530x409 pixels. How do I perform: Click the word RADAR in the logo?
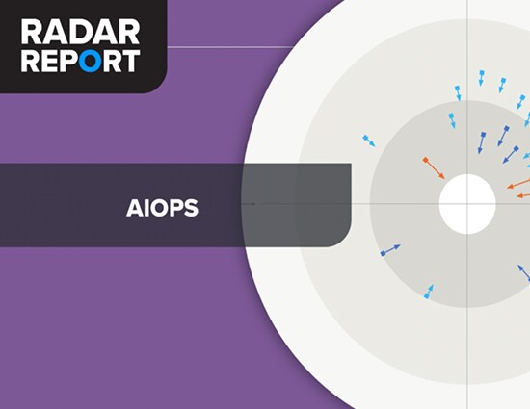pyautogui.click(x=80, y=32)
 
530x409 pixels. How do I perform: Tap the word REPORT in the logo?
pyautogui.click(x=80, y=61)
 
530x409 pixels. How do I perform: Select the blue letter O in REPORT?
pyautogui.click(x=91, y=61)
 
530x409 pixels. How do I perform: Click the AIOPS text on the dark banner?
pyautogui.click(x=162, y=208)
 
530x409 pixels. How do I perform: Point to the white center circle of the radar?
pyautogui.click(x=467, y=204)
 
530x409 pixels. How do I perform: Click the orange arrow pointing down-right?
pyautogui.click(x=435, y=168)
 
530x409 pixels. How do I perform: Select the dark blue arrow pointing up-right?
pyautogui.click(x=390, y=250)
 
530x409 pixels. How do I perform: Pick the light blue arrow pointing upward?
pyautogui.click(x=429, y=292)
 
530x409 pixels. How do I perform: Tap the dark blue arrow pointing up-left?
pyautogui.click(x=524, y=272)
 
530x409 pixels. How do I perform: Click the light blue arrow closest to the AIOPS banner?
pyautogui.click(x=369, y=141)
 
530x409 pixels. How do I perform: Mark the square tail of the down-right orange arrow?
pyautogui.click(x=426, y=160)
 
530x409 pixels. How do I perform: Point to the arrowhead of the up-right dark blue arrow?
pyautogui.click(x=397, y=246)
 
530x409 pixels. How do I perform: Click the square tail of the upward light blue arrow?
pyautogui.click(x=426, y=296)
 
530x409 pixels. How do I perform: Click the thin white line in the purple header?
pyautogui.click(x=230, y=47)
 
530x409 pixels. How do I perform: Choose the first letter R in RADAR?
pyautogui.click(x=32, y=32)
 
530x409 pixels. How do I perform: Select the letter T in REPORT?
pyautogui.click(x=131, y=61)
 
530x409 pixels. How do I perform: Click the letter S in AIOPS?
pyautogui.click(x=192, y=208)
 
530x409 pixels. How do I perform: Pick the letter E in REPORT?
pyautogui.click(x=51, y=61)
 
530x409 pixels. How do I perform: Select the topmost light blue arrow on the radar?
pyautogui.click(x=481, y=78)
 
